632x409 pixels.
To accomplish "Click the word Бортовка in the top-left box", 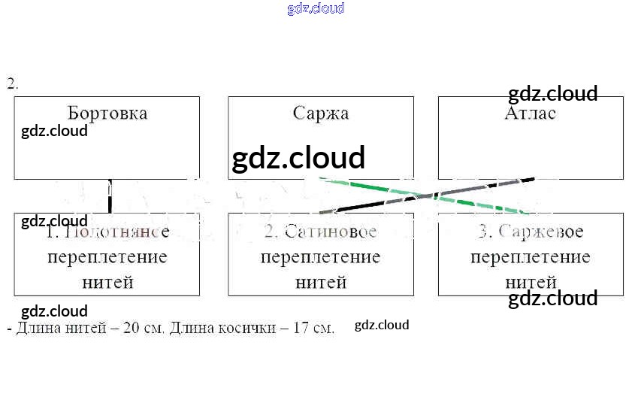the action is click(x=107, y=114).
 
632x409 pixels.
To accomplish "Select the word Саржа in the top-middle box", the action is click(x=321, y=114).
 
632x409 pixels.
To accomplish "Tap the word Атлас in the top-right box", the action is click(x=531, y=114).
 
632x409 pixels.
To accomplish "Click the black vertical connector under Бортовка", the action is click(x=110, y=196).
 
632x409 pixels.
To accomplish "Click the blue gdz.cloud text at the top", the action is click(x=316, y=8).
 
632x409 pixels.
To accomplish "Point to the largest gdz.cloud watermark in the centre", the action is click(x=298, y=159).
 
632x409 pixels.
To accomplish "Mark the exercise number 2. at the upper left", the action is click(x=13, y=83).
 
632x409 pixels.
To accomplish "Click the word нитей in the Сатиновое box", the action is click(x=321, y=283).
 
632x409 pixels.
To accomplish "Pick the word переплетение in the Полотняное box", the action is click(x=107, y=257).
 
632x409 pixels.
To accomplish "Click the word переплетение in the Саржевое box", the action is click(x=531, y=257).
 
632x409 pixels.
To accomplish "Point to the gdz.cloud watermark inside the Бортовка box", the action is click(x=54, y=131).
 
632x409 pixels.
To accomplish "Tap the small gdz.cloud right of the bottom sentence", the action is click(x=382, y=325).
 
